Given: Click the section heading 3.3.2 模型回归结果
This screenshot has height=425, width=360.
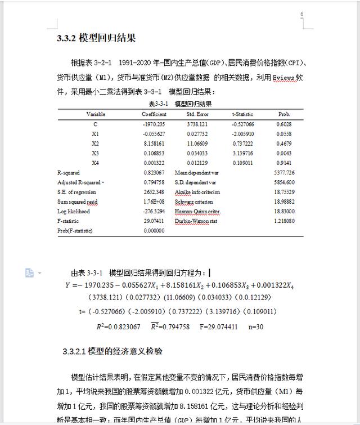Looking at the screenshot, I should click(96, 38).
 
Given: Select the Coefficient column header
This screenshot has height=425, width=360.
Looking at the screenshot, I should click(154, 114).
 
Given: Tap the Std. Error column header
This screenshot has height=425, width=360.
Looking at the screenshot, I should click(197, 114).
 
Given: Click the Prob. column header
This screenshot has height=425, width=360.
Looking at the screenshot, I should click(284, 114).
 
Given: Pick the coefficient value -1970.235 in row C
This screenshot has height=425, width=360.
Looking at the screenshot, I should click(154, 124).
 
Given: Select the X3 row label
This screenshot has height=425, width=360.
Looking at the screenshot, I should click(95, 153).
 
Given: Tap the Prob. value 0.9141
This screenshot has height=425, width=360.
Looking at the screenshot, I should click(284, 163).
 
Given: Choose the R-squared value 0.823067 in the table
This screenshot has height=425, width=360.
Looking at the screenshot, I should click(154, 173).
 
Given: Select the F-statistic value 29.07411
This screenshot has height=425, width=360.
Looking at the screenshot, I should click(154, 221).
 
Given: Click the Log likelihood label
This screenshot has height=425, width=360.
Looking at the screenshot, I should click(73, 212).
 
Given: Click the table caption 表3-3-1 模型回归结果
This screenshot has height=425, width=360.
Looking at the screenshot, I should click(180, 104).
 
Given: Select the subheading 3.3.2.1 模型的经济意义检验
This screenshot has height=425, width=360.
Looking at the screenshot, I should click(112, 352).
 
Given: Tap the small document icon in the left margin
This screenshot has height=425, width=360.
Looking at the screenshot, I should click(29, 273).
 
